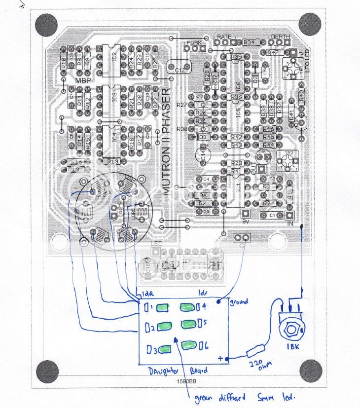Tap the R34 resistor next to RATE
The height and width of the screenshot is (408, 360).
(249, 42)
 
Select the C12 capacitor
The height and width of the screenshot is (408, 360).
(180, 69)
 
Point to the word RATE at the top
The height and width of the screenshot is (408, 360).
(224, 37)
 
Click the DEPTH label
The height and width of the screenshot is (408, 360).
(281, 37)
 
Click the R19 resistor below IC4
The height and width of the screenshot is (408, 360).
(112, 161)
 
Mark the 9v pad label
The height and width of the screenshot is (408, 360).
(244, 222)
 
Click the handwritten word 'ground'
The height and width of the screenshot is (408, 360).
(239, 301)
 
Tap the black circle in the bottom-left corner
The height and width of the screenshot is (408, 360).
(48, 371)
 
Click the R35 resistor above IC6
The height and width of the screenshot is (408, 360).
(237, 57)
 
